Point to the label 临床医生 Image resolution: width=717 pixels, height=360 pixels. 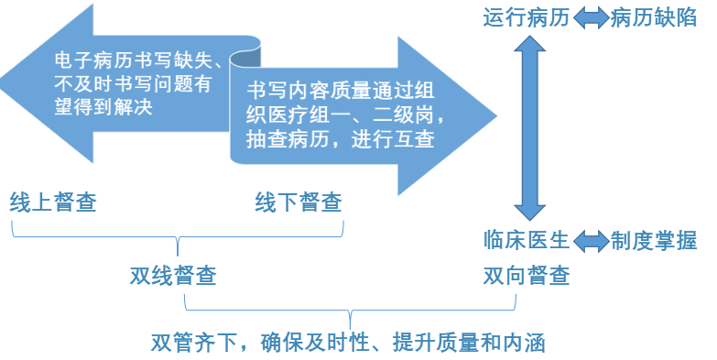(x=526, y=240)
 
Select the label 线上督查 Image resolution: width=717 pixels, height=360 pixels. (x=53, y=202)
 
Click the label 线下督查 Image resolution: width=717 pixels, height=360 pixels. (x=298, y=202)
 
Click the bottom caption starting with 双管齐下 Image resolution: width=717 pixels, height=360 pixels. (x=348, y=344)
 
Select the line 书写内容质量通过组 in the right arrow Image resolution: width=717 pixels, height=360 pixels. (x=339, y=93)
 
